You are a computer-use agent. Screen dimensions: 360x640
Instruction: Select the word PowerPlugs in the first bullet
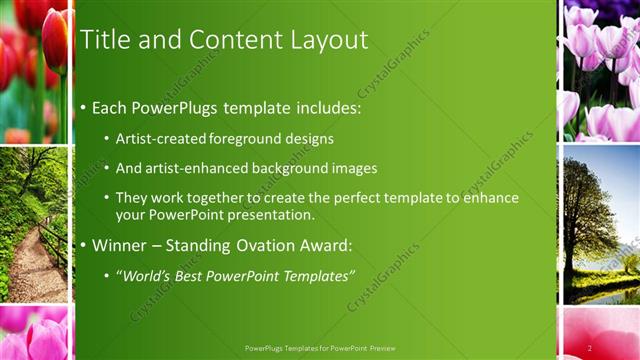[x=184, y=105]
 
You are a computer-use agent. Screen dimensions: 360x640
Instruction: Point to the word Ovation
[x=264, y=245]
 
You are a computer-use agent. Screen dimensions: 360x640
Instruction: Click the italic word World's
[x=147, y=275]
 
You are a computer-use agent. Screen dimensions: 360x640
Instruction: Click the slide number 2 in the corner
[x=590, y=348]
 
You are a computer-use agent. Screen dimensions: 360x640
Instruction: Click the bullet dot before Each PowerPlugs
[x=83, y=105]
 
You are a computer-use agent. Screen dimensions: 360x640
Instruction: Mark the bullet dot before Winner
[x=83, y=245]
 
